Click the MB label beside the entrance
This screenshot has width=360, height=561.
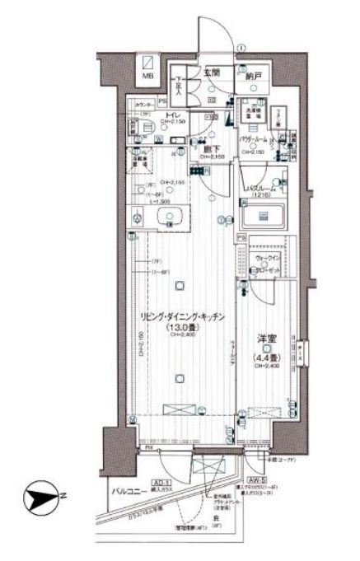(148, 77)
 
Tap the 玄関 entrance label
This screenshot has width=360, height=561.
(213, 72)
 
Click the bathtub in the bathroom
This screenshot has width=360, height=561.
(264, 217)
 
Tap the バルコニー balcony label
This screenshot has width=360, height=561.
(129, 492)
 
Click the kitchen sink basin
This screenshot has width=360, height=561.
(170, 217)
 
